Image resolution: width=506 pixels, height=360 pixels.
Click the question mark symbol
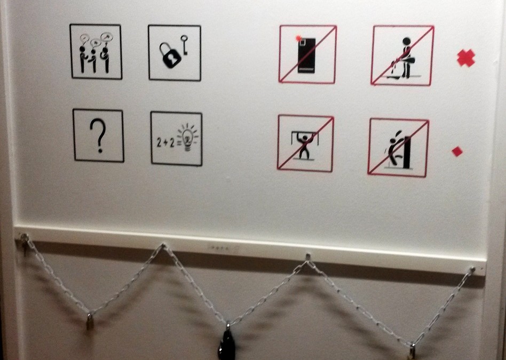[x=98, y=135]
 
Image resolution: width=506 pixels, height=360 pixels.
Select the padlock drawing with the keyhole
[x=170, y=55]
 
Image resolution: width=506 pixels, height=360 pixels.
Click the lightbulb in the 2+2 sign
[x=187, y=138]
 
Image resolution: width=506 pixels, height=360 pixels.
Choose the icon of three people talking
[x=96, y=52]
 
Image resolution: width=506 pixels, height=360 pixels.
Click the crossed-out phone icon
[x=307, y=54]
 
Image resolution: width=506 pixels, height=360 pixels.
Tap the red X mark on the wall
[x=465, y=58]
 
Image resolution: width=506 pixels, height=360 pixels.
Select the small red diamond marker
[x=457, y=151]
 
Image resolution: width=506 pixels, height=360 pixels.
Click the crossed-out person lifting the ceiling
[x=305, y=143]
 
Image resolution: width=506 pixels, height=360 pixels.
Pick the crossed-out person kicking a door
[x=398, y=148]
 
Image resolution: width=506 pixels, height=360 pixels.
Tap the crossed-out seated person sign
[x=402, y=56]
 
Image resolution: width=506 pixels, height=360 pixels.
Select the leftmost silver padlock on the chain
[x=90, y=321]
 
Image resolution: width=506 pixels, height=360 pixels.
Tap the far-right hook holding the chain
[x=471, y=270]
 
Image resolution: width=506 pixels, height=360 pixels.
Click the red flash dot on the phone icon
[x=298, y=38]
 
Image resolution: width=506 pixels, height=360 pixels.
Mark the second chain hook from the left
[x=163, y=246]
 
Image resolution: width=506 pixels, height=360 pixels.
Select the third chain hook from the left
[x=307, y=258]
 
